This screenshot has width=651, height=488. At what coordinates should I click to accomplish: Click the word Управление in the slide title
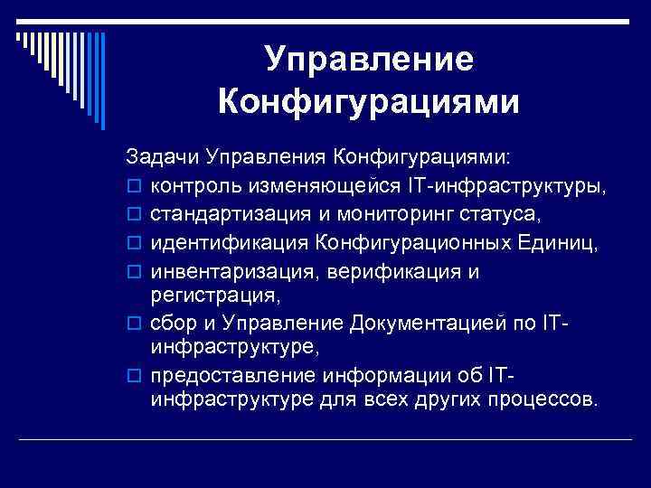(369, 60)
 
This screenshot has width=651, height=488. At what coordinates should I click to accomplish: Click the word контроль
(193, 186)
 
